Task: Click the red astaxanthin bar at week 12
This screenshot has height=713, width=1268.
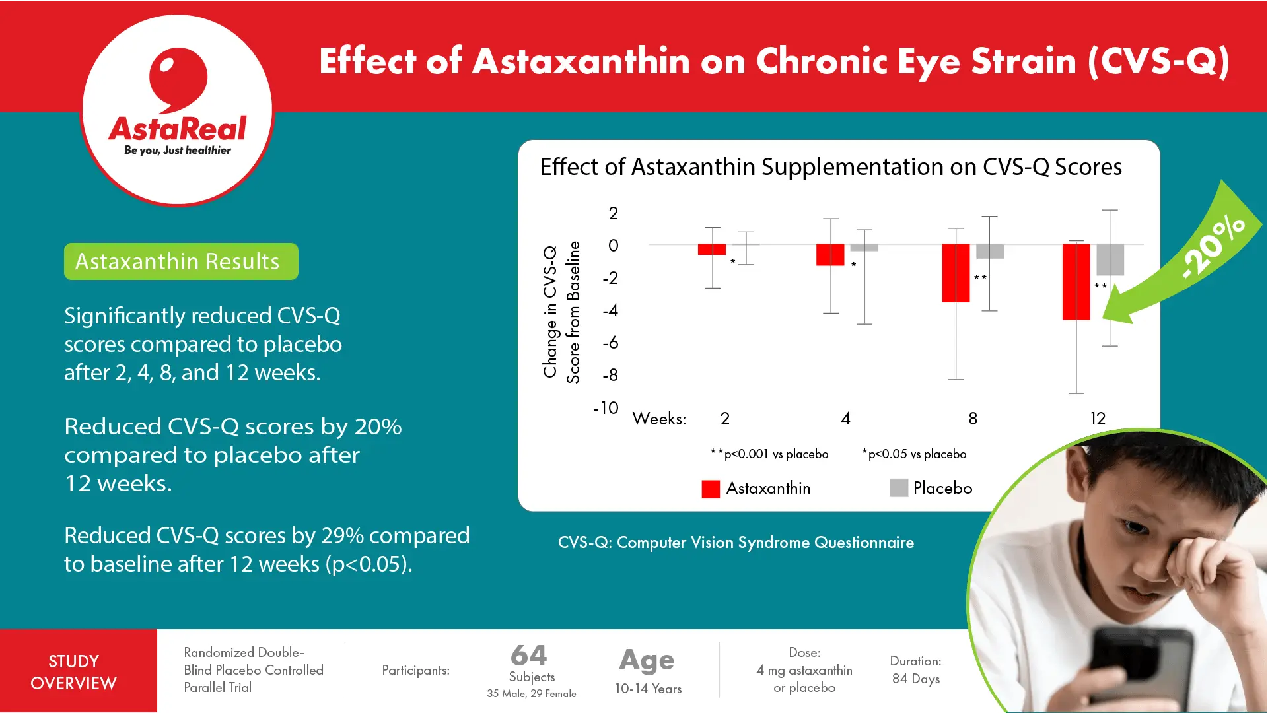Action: (1076, 282)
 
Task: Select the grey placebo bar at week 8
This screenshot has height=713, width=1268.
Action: (989, 252)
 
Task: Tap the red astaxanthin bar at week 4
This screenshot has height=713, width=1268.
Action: (830, 255)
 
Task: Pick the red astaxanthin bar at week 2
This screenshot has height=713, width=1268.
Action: (712, 250)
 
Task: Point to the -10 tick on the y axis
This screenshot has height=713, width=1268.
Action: (606, 408)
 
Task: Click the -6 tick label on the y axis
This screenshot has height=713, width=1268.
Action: (610, 343)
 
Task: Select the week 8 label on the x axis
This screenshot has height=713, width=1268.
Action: (973, 419)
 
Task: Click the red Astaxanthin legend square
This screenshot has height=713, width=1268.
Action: (711, 489)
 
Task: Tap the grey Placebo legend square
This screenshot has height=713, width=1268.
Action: (899, 488)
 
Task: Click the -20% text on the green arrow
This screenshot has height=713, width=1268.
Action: (1213, 246)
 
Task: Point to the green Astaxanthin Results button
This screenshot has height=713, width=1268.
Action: (181, 261)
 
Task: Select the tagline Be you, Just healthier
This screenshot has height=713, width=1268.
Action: (178, 151)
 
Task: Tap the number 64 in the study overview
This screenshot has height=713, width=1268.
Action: (529, 656)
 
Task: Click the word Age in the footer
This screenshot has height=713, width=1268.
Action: (647, 660)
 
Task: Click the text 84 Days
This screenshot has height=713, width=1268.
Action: (916, 679)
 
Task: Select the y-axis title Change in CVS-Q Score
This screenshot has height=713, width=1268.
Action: (561, 312)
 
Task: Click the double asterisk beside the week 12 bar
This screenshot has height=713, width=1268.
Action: (1100, 287)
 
